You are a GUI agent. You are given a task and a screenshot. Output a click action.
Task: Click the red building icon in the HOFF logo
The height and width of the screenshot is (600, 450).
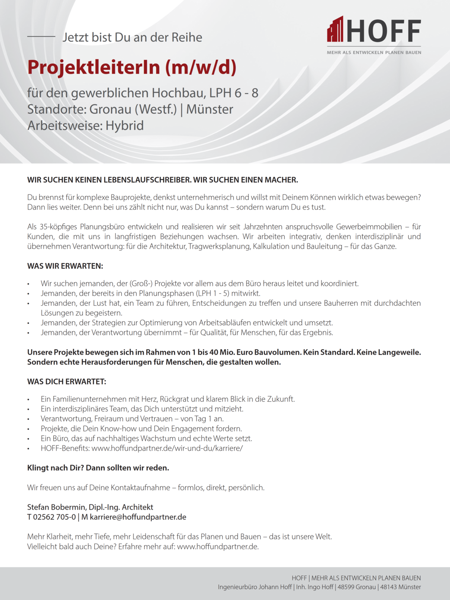pyautogui.click(x=335, y=30)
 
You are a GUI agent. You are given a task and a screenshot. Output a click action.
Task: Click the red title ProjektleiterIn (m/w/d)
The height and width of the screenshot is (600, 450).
pyautogui.click(x=132, y=68)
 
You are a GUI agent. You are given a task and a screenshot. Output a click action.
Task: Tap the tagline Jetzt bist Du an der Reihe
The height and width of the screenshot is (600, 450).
pyautogui.click(x=132, y=37)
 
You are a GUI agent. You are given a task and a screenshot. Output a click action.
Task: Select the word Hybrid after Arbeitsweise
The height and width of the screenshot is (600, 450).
pyautogui.click(x=124, y=126)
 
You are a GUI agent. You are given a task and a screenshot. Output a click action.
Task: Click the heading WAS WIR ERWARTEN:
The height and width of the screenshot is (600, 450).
pyautogui.click(x=65, y=266)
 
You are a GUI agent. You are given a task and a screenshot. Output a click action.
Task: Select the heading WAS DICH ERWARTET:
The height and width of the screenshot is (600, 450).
pyautogui.click(x=66, y=382)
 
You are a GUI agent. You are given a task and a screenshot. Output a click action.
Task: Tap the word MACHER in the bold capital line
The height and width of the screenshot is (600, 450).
pyautogui.click(x=280, y=180)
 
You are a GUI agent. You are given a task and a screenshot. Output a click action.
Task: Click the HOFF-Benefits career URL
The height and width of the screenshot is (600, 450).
pyautogui.click(x=167, y=448)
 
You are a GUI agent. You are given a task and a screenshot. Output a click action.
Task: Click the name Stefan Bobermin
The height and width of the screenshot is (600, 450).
pyautogui.click(x=56, y=507)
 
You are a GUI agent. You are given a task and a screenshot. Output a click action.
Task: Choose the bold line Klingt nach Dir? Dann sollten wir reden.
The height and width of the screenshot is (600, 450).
pyautogui.click(x=98, y=468)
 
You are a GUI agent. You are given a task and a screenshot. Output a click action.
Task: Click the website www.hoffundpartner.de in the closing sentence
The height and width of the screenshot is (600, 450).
pyautogui.click(x=217, y=547)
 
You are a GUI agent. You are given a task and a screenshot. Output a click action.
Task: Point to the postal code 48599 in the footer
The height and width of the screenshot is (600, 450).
pyautogui.click(x=346, y=587)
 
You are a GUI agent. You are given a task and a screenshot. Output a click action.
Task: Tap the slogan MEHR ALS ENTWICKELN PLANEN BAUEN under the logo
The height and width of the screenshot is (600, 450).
pyautogui.click(x=373, y=52)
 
